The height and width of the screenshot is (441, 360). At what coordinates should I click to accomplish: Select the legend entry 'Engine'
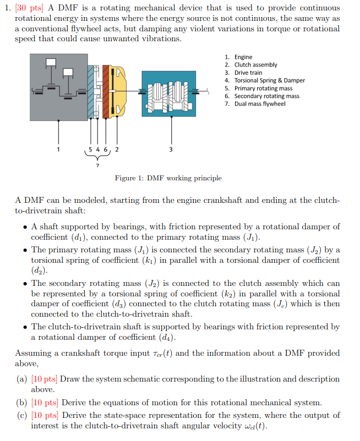243,57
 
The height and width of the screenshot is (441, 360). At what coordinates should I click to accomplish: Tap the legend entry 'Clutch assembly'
255,65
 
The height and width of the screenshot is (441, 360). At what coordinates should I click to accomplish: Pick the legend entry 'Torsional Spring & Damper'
269,80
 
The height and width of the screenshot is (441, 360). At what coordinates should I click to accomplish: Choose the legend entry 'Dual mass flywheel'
260,103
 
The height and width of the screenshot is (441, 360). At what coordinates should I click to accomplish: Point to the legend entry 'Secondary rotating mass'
266,96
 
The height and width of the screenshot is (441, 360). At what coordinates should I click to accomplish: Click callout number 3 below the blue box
170,149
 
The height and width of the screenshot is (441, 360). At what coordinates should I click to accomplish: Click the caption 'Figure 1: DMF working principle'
168,178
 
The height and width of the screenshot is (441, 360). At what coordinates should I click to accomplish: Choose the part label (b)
23,403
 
